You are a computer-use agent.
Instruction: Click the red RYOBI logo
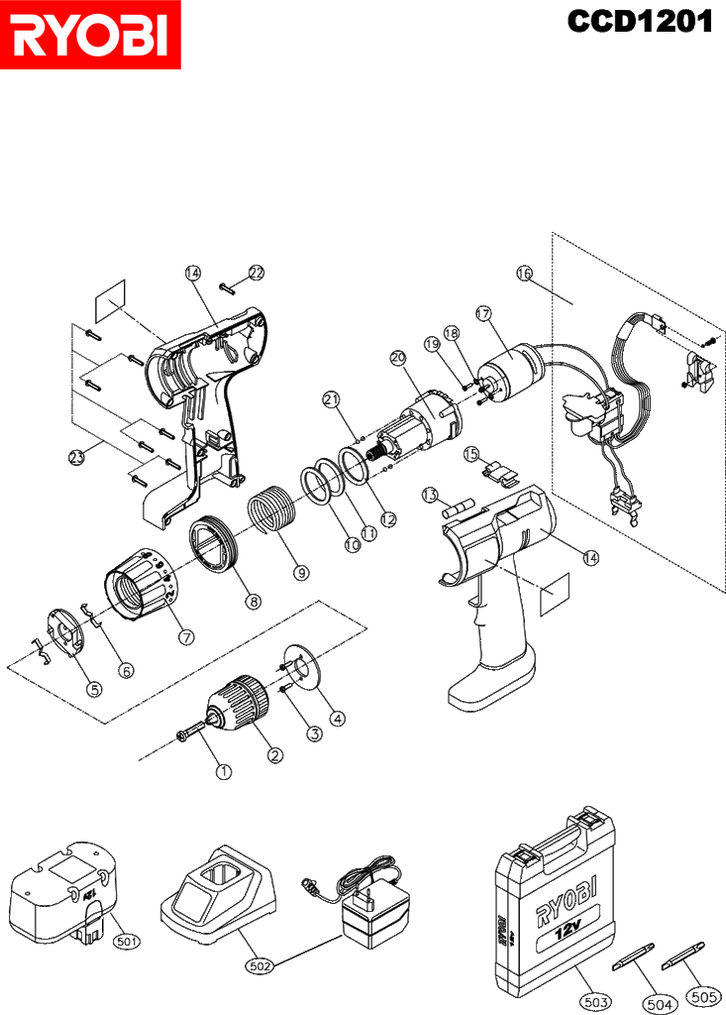pyautogui.click(x=90, y=35)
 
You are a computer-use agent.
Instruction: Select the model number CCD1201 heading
pyautogui.click(x=639, y=22)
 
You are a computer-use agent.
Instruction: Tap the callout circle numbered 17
pyautogui.click(x=483, y=314)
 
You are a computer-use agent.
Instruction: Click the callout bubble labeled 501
pyautogui.click(x=126, y=941)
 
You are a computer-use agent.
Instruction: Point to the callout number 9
pyautogui.click(x=301, y=572)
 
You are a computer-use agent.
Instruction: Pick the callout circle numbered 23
pyautogui.click(x=77, y=458)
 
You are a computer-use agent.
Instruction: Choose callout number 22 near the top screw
pyautogui.click(x=257, y=274)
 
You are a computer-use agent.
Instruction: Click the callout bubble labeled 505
pyautogui.click(x=702, y=997)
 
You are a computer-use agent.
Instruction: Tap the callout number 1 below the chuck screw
pyautogui.click(x=223, y=771)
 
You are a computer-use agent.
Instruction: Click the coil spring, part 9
pyautogui.click(x=272, y=510)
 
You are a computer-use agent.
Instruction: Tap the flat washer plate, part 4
pyautogui.click(x=304, y=669)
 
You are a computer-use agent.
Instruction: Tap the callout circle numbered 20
pyautogui.click(x=398, y=357)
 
